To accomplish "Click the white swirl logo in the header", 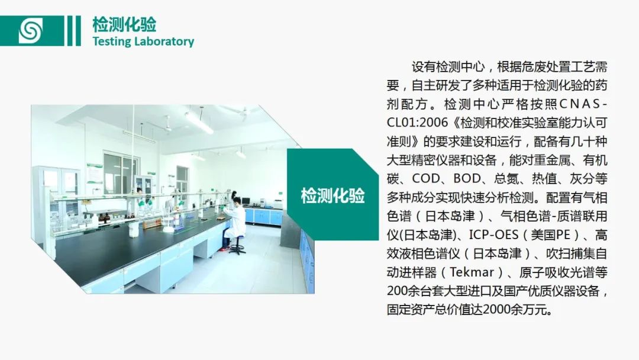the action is [31, 31].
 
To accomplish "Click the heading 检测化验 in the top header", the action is [124, 24].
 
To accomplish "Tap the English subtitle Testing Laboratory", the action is [143, 41].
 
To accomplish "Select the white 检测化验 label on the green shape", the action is [333, 196].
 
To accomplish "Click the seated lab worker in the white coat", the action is [234, 222].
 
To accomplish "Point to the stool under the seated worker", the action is [237, 245].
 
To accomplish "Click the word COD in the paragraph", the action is [426, 179].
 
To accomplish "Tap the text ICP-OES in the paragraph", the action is [493, 235].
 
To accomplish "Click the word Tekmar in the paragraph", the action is [472, 272].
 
